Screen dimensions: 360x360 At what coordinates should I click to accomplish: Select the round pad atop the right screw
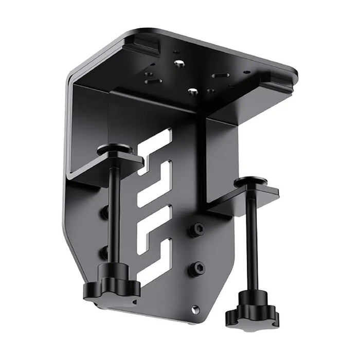252,182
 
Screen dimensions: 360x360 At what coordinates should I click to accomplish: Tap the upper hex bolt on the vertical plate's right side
197,229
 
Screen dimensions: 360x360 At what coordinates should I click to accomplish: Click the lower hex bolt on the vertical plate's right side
197,268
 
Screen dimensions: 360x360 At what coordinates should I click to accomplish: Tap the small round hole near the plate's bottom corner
195,310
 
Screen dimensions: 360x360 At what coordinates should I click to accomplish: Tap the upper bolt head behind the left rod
105,211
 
